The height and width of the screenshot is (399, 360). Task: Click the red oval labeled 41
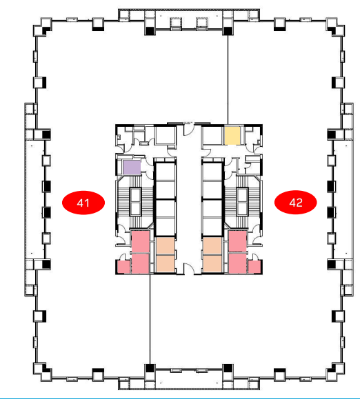83,203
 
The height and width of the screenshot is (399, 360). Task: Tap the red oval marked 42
296,203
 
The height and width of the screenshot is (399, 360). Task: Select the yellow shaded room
232,136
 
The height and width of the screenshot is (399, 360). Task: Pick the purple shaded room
132,167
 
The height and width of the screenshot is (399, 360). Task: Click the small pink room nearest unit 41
123,267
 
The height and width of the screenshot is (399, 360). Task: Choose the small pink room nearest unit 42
254,267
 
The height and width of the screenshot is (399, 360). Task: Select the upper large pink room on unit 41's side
140,241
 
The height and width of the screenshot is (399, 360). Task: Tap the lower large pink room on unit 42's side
237,263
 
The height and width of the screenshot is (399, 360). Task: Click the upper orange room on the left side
166,246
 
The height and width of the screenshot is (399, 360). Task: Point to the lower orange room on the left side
166,264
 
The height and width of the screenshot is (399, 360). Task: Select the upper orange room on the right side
212,246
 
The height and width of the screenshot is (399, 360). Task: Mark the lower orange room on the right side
212,264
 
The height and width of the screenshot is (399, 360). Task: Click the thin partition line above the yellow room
228,80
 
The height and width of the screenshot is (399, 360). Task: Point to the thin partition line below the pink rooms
150,319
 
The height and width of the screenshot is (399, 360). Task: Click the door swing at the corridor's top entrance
189,130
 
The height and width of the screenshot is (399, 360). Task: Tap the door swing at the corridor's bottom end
189,269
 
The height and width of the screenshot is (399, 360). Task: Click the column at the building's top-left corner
43,28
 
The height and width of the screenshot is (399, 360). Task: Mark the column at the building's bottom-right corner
336,372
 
